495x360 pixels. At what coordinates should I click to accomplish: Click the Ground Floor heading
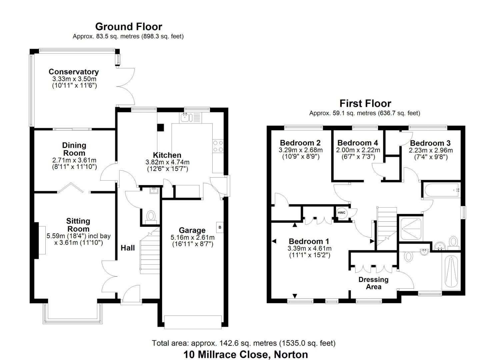coord(128,27)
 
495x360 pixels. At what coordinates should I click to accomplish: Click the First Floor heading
coord(365,103)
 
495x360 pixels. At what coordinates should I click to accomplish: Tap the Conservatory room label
coord(74,72)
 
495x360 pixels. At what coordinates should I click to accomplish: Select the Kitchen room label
coord(167,155)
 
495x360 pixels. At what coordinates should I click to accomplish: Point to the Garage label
coord(192,230)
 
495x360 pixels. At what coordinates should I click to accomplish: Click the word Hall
coord(128,248)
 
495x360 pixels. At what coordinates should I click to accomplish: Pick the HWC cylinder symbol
coord(342,213)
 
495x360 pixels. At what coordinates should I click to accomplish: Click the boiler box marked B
coord(220,228)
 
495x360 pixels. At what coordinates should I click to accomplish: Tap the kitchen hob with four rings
coord(218,146)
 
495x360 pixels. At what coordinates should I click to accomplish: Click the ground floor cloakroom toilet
coord(151,216)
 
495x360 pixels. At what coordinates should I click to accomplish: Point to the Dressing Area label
coord(373,283)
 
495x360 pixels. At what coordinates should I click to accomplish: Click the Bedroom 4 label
coord(358,143)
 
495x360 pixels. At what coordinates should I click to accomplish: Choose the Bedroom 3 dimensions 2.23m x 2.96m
coord(431,150)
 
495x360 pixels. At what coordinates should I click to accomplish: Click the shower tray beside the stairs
coord(412,229)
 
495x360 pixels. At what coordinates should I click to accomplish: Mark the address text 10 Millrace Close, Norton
coord(246,354)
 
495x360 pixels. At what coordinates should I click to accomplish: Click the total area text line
coord(244,343)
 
